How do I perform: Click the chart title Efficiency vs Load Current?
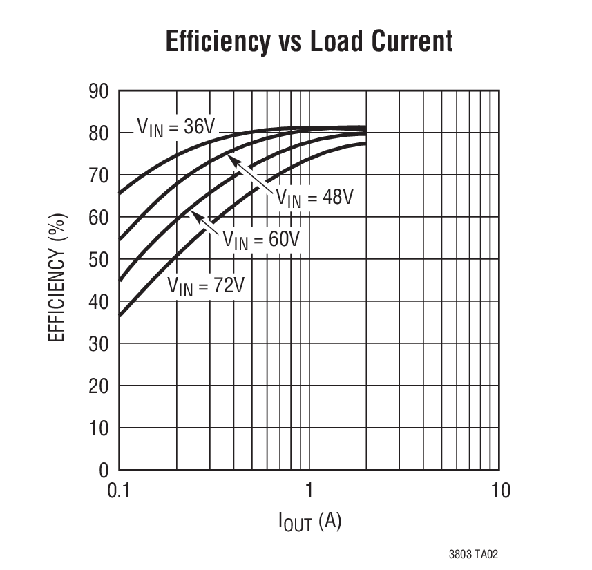309,41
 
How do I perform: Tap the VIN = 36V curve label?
176,127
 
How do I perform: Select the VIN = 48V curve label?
315,197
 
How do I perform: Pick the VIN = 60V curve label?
261,240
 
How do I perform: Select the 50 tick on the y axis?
99,259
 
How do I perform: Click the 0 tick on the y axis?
104,470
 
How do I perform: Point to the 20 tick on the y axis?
99,386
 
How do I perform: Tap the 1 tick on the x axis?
309,491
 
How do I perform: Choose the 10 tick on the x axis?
499,491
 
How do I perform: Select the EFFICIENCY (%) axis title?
58,279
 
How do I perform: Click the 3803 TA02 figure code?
473,554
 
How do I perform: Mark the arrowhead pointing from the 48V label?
233,160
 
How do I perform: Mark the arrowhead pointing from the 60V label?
195,216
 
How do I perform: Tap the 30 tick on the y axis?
99,343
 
